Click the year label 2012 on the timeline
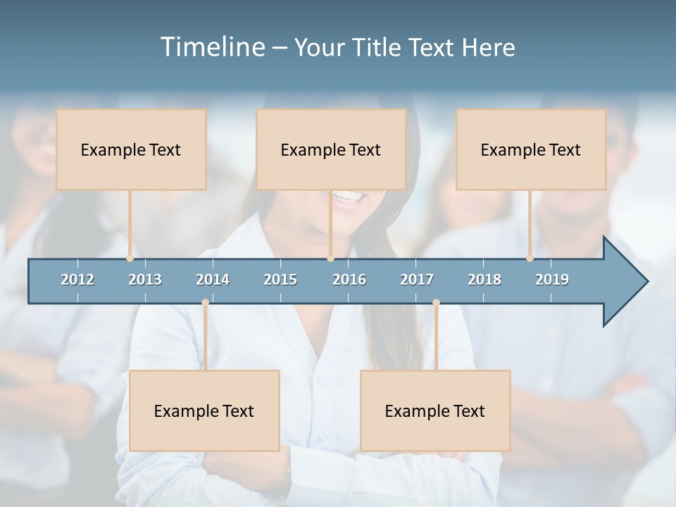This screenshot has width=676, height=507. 77,280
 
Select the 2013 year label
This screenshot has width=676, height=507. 145,280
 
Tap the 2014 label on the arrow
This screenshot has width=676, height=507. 213,280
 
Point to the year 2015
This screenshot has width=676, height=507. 280,280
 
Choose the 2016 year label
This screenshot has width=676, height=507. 349,280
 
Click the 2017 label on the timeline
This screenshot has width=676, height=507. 417,280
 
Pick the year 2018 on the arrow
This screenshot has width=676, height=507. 484,280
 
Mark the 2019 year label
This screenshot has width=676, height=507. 552,280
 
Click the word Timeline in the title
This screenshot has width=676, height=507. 211,47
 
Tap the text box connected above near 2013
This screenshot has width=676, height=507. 131,149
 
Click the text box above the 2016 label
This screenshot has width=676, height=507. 331,149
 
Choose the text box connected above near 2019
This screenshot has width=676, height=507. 531,149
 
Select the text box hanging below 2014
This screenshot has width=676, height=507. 204,411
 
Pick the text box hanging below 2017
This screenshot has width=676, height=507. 435,411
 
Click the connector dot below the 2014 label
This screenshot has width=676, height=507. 205,303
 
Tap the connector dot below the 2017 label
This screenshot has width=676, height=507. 436,303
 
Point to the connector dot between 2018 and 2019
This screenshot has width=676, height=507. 530,258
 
